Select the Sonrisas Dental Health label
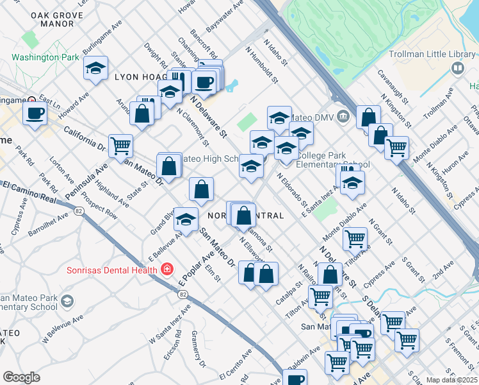pyautogui.click(x=111, y=269)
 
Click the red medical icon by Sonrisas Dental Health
pyautogui.click(x=167, y=269)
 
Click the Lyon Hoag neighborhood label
pyautogui.click(x=140, y=77)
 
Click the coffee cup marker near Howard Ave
pyautogui.click(x=35, y=114)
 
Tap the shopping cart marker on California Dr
pyautogui.click(x=120, y=146)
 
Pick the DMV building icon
pyautogui.click(x=343, y=116)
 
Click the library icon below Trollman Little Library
pyautogui.click(x=457, y=67)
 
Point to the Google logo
pyautogui.click(x=21, y=377)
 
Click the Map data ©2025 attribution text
pyautogui.click(x=451, y=379)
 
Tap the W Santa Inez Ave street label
pyautogui.click(x=170, y=324)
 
